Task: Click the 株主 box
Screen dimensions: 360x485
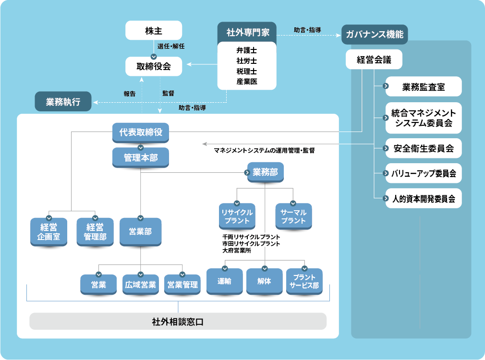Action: pos(154,31)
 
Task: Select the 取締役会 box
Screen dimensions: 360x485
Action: pos(154,66)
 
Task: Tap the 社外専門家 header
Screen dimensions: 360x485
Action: pos(247,32)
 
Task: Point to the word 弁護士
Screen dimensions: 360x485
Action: pos(247,50)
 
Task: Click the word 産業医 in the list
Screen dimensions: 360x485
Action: pos(247,82)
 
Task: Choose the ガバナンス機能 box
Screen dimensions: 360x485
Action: pos(375,35)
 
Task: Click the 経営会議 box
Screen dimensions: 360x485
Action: pos(374,60)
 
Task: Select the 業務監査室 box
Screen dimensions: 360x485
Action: pos(423,87)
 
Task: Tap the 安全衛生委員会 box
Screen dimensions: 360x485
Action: pos(423,148)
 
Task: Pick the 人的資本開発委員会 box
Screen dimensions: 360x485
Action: pos(423,198)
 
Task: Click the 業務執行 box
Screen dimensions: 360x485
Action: pos(63,102)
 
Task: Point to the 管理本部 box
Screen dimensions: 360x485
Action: pos(141,157)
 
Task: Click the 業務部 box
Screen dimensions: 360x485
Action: pos(265,172)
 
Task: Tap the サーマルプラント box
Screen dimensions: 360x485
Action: pos(293,216)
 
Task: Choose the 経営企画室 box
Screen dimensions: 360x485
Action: pos(48,232)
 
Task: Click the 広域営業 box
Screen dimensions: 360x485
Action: pos(141,285)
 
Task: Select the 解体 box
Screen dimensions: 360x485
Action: pos(265,281)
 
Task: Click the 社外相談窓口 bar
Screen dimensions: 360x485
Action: pos(178,321)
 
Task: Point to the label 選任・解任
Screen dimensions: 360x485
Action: pos(171,47)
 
